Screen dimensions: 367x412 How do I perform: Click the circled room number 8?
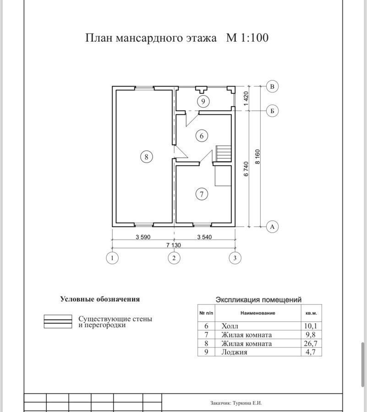(x=147, y=157)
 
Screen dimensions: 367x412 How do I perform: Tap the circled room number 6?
(x=202, y=136)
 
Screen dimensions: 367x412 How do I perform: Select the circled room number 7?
(x=202, y=194)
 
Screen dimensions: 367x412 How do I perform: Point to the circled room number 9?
(x=203, y=101)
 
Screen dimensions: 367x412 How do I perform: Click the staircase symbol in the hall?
(x=224, y=154)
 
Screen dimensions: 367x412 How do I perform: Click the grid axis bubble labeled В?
(x=272, y=87)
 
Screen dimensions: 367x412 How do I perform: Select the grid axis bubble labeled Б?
(x=272, y=111)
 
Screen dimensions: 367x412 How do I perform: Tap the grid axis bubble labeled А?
(x=272, y=227)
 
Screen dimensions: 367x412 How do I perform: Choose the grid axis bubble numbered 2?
(x=174, y=258)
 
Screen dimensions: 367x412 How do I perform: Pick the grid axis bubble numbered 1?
(x=112, y=258)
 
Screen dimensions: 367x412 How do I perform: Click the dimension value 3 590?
(x=143, y=237)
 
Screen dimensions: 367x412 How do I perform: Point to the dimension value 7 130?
(x=174, y=245)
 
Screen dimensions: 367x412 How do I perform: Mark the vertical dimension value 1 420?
(x=246, y=98)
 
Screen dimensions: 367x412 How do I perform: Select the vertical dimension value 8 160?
(x=257, y=157)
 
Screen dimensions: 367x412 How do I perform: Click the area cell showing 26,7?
(x=311, y=343)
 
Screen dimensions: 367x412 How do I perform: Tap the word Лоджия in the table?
(x=234, y=352)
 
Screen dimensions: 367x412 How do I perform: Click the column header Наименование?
(x=257, y=313)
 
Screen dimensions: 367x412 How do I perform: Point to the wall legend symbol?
(x=58, y=321)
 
